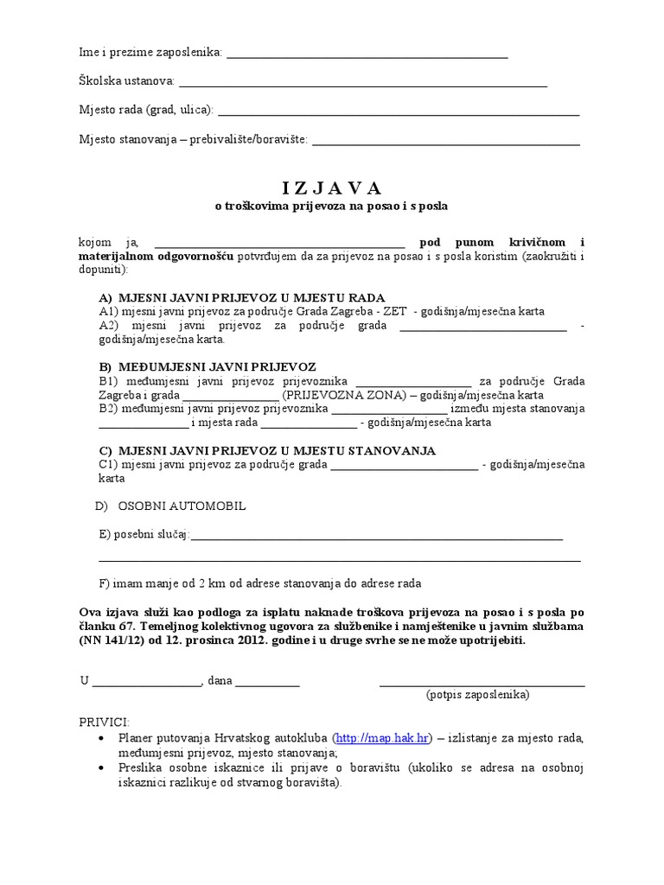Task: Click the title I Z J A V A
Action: (x=331, y=188)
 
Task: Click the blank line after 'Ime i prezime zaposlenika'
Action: (x=366, y=54)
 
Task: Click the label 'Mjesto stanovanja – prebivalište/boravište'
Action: (x=193, y=140)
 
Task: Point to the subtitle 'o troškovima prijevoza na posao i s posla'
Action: (x=331, y=207)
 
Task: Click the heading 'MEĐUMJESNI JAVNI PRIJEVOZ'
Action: (x=217, y=366)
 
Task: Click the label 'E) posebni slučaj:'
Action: (x=144, y=535)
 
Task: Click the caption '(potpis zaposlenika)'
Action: (x=477, y=694)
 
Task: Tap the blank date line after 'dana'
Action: (x=267, y=681)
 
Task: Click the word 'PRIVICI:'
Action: (x=104, y=721)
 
